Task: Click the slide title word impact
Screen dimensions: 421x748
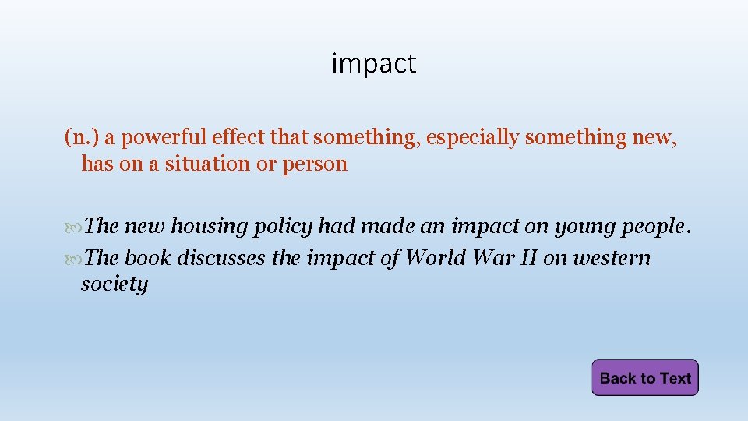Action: pos(374,63)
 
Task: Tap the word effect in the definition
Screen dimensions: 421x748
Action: pos(238,138)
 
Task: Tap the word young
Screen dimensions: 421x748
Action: pos(584,227)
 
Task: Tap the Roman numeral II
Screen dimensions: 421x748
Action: pos(525,258)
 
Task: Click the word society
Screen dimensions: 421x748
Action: pos(114,285)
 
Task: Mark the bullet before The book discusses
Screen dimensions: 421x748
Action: pos(73,259)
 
